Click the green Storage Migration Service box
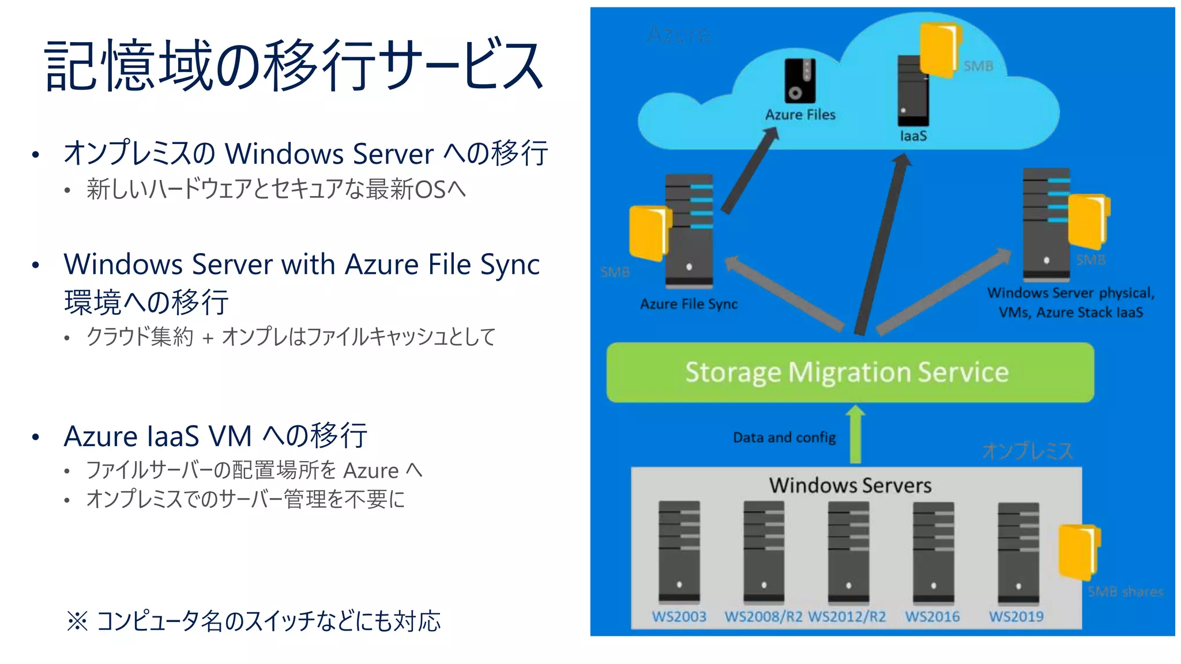(849, 372)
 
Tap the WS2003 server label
(679, 617)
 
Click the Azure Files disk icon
(800, 81)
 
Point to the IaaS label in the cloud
(913, 136)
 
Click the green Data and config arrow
(855, 435)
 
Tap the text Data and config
(784, 437)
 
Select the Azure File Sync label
(689, 304)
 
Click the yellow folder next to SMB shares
(1078, 551)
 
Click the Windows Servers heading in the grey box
(850, 485)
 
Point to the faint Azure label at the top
(678, 35)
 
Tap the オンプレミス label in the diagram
(1027, 451)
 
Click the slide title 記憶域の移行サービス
(294, 65)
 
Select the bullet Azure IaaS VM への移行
(215, 436)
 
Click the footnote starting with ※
(254, 621)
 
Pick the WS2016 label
(932, 617)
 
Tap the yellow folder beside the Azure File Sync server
(648, 232)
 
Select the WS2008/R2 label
(763, 617)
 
